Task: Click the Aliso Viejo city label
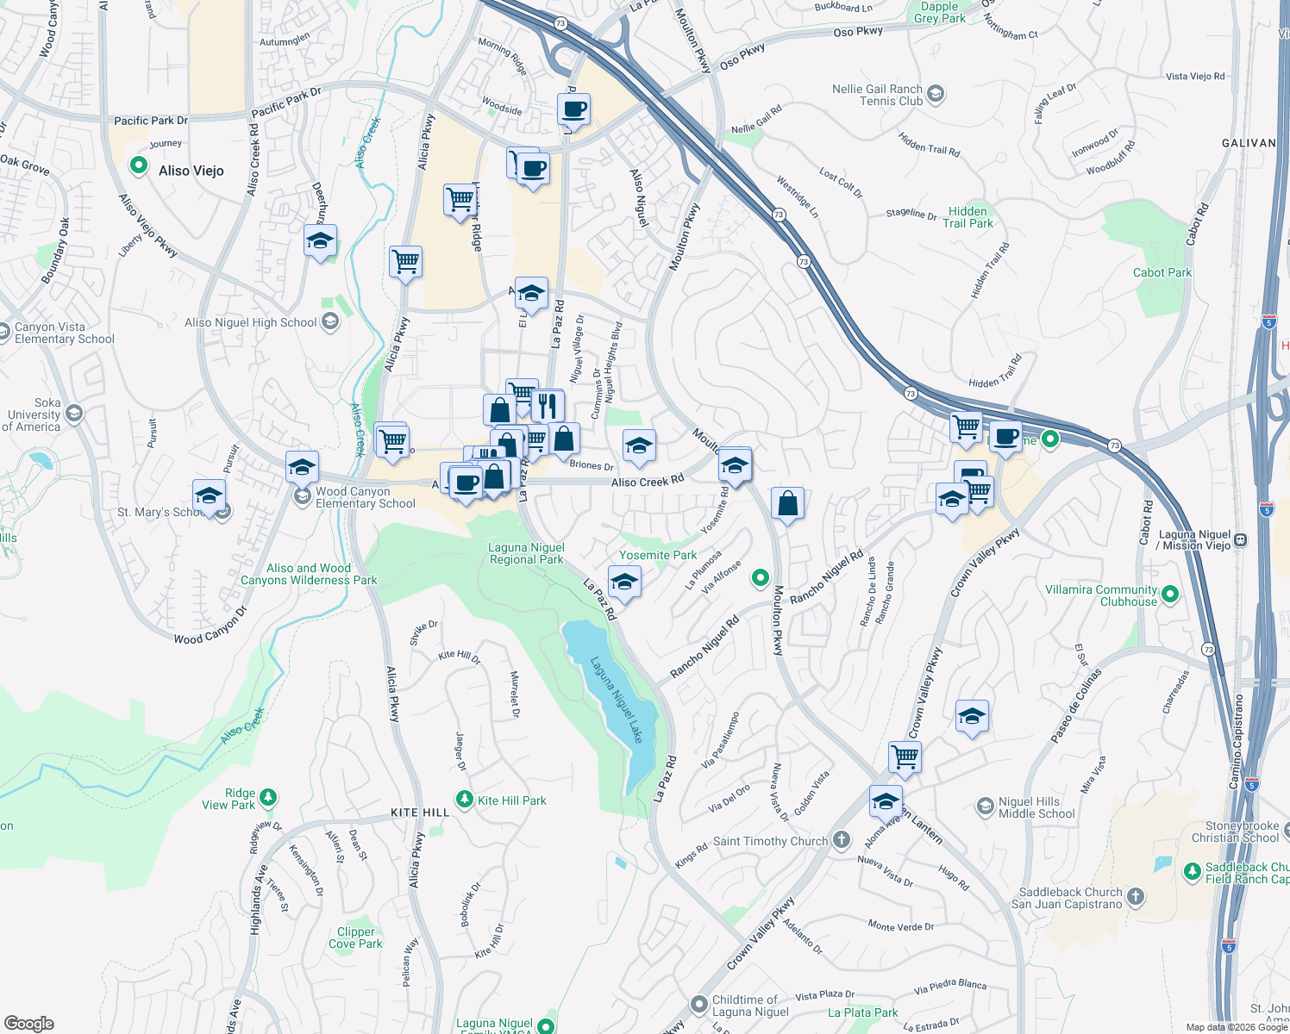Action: [x=191, y=171]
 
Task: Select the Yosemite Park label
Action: [x=658, y=555]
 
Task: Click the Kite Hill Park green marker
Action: [x=465, y=800]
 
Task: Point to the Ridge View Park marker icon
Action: [x=268, y=798]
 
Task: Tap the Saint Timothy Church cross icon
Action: [x=842, y=841]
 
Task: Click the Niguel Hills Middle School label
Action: [x=1036, y=807]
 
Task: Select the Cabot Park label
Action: [x=1162, y=272]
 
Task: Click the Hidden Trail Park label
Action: [x=967, y=217]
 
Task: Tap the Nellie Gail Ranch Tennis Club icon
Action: [x=936, y=94]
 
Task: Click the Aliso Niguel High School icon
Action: [x=329, y=322]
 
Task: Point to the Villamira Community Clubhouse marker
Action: [x=1170, y=594]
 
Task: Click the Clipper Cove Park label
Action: [x=355, y=937]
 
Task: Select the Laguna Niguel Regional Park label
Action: [x=526, y=553]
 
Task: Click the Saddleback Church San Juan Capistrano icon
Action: [x=1136, y=897]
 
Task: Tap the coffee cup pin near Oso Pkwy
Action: [x=573, y=109]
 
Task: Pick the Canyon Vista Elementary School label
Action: [x=65, y=333]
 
